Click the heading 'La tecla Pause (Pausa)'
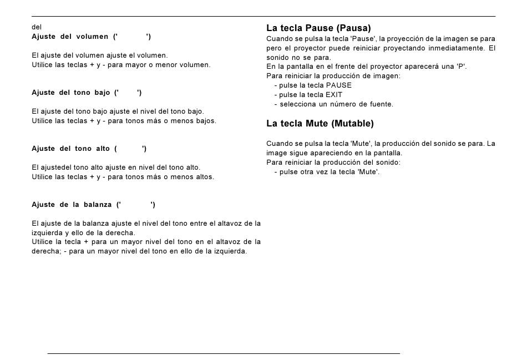coord(318,28)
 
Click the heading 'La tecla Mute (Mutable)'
coord(320,123)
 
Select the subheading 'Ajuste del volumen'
coord(70,37)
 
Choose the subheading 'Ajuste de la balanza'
coord(72,205)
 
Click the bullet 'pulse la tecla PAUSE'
coord(315,85)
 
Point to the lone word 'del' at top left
coord(37,27)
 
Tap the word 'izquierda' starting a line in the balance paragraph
coord(48,233)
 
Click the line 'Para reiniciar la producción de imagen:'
coord(333,76)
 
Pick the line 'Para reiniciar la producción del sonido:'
coord(333,163)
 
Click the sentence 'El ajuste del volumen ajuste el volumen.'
coord(100,55)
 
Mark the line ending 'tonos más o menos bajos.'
coord(124,121)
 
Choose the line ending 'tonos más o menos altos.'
coord(123,177)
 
